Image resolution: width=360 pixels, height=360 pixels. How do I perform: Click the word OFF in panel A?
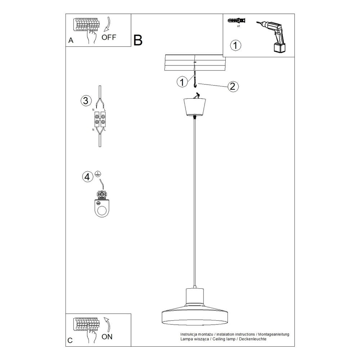pos(109,37)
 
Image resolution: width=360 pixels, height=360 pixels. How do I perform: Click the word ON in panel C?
pos(107,337)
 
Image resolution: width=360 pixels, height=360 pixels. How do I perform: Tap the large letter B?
pos(138,40)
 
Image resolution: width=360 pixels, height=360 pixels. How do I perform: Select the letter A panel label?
pos(71,40)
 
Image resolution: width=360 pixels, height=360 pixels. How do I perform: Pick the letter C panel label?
pos(70,340)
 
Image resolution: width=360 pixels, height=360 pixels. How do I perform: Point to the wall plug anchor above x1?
pos(237,21)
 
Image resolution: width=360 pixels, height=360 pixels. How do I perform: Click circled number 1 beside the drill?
pos(235,45)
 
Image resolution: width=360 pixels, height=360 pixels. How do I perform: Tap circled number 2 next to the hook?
pos(233,86)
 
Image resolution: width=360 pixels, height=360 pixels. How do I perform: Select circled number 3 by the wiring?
pos(86,100)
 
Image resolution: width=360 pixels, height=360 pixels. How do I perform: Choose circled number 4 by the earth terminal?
pos(87,177)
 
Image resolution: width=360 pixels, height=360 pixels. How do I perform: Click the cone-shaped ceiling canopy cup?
pos(195,107)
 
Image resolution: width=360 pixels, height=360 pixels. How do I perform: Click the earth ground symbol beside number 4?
pos(98,174)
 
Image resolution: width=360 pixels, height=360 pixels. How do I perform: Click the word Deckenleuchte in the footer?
pos(253,339)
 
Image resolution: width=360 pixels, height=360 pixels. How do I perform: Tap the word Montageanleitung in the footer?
pos(274,334)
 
